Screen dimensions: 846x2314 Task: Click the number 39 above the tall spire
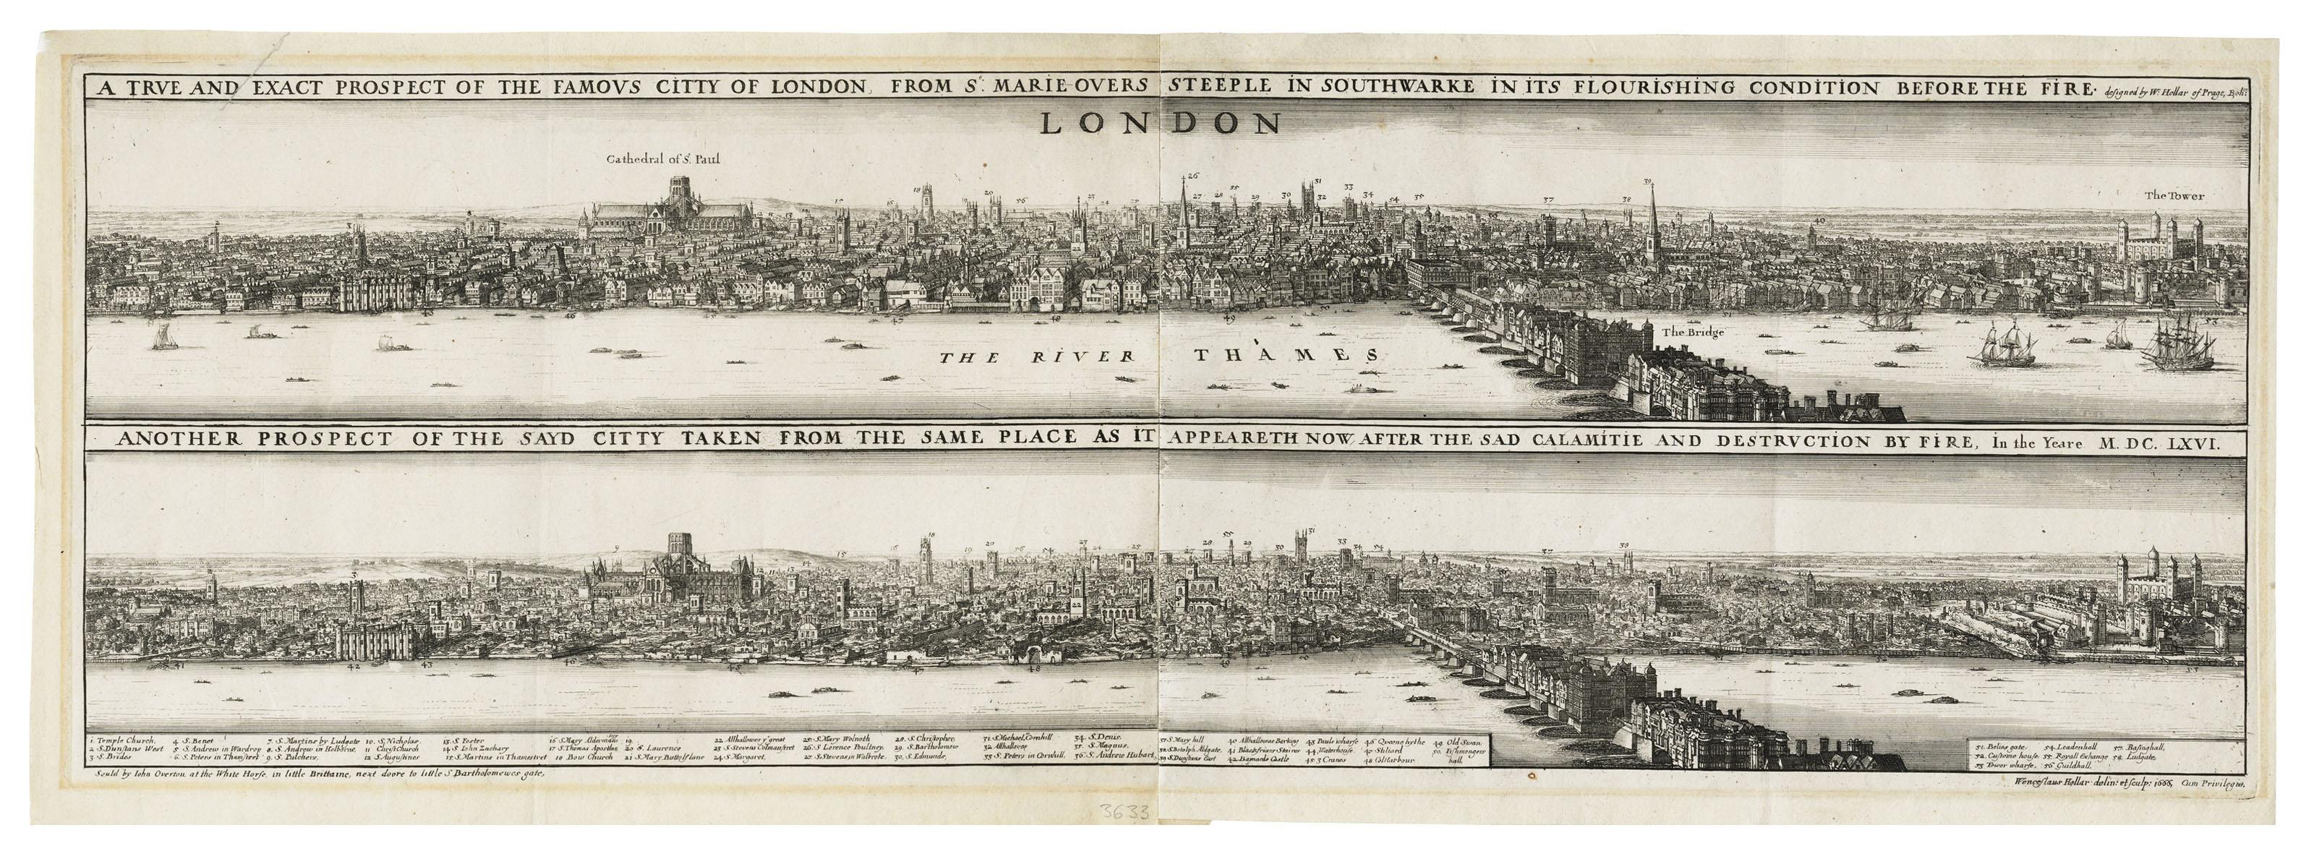click(1647, 182)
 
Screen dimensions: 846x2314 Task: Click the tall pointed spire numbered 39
click(1650, 225)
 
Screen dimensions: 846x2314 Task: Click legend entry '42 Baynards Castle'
click(1258, 758)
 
